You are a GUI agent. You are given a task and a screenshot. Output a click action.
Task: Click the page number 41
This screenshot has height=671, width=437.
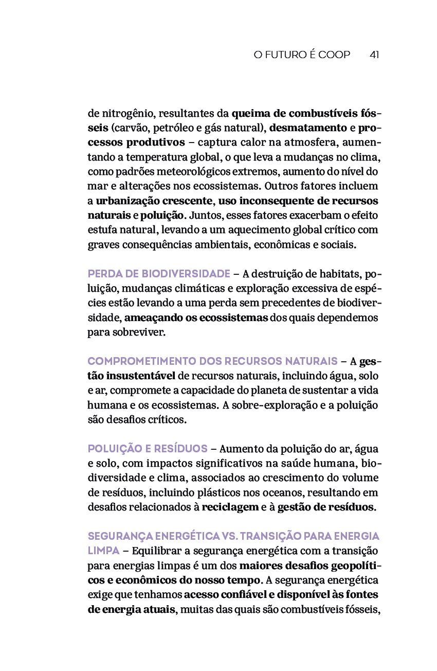pos(374,55)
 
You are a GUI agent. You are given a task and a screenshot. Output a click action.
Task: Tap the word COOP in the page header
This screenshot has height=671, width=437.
pos(334,55)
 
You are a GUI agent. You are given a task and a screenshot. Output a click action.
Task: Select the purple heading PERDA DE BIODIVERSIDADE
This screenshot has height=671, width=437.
pos(159,273)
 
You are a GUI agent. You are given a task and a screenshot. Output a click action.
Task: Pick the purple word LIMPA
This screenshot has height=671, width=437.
pos(103,551)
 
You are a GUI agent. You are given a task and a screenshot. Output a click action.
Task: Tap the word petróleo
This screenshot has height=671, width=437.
pos(173,128)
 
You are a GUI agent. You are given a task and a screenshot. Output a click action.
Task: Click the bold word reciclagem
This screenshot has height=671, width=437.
pos(230,507)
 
